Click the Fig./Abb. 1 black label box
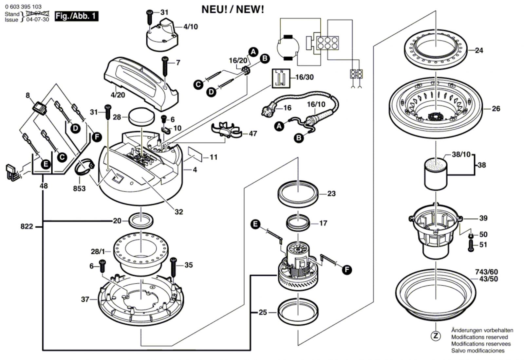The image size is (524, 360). tap(76, 16)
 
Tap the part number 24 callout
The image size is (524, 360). tap(479, 50)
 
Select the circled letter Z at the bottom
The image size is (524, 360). tap(436, 336)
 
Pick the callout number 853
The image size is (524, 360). tap(79, 189)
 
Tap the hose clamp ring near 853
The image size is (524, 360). tap(85, 167)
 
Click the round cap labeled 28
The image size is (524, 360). tap(141, 116)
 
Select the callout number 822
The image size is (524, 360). tap(27, 226)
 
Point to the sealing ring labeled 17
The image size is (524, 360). tap(298, 223)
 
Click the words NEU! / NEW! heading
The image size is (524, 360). tap(233, 9)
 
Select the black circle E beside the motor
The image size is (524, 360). tap(255, 224)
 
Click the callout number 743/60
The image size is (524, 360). tap(486, 272)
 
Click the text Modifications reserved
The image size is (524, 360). tap(479, 337)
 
